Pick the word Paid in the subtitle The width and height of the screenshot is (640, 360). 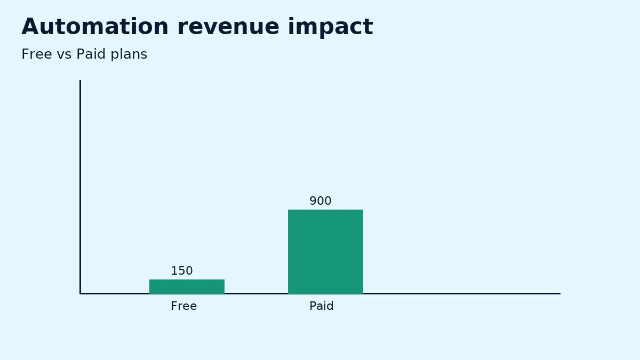[91, 54]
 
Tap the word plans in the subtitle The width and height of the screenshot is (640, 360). [129, 54]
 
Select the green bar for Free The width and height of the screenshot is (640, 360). [187, 286]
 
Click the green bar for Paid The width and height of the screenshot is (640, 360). [325, 251]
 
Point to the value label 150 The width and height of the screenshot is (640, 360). [182, 271]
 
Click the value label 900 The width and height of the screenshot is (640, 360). [321, 201]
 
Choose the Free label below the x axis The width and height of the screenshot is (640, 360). [184, 306]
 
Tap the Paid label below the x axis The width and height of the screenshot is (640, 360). [322, 306]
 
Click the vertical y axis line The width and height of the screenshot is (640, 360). [80, 187]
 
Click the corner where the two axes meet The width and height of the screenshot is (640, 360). [80, 293]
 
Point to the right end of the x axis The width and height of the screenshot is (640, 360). [559, 293]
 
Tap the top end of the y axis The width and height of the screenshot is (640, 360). [80, 81]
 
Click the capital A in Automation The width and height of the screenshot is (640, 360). [30, 27]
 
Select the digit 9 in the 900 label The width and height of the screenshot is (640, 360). [313, 201]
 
